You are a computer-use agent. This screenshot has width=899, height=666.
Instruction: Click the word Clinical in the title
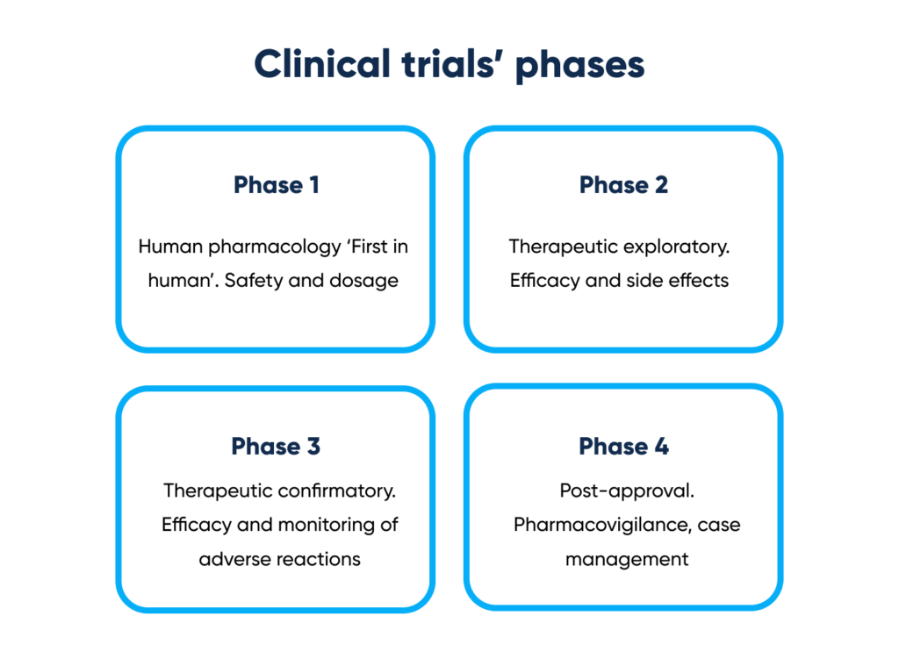[x=322, y=63]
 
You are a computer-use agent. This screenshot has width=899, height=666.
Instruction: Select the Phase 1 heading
[x=277, y=184]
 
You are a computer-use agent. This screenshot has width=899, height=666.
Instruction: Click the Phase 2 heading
[x=624, y=184]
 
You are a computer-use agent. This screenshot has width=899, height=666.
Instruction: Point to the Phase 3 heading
[x=276, y=446]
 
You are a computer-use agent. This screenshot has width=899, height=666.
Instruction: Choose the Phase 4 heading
[x=624, y=446]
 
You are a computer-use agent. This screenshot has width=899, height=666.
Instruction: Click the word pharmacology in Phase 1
[x=275, y=247]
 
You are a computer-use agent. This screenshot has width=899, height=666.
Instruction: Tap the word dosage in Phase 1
[x=364, y=282]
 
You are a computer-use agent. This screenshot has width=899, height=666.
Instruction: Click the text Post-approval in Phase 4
[x=627, y=491]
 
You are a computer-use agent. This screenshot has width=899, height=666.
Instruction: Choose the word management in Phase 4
[x=627, y=560]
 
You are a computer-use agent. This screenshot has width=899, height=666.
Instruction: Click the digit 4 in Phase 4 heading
[x=662, y=446]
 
